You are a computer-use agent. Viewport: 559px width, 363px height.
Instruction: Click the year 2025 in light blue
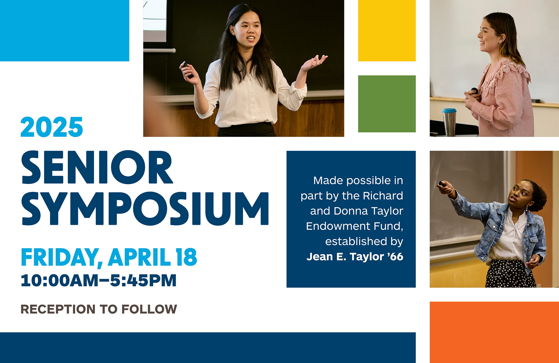pos(52,127)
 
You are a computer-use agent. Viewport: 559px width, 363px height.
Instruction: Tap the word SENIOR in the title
pos(97,167)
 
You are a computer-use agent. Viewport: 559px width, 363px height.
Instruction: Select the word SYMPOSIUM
pos(145,208)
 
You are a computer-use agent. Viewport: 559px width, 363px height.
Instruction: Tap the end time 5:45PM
pos(143,280)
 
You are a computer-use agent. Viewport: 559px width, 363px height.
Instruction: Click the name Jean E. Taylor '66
pos(355,257)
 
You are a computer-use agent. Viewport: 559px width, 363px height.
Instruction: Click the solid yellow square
pos(387,31)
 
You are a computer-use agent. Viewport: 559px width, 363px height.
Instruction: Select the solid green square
pos(387,104)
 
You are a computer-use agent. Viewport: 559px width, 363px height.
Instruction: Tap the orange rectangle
pos(494,332)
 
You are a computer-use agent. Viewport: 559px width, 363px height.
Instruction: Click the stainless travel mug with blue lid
pos(449,122)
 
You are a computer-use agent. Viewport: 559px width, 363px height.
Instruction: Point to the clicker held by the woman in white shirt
pos(187,69)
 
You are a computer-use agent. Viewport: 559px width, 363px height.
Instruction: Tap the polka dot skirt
pos(510,274)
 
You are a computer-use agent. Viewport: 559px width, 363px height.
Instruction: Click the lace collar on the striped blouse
pos(505,74)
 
